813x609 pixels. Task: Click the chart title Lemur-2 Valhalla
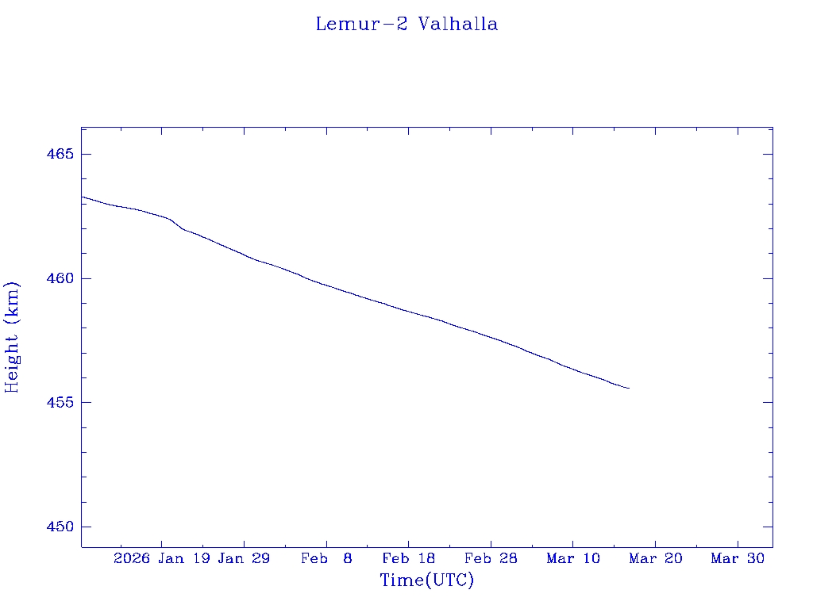click(x=406, y=25)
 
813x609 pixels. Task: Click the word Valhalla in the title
click(x=458, y=25)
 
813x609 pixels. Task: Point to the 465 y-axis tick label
click(x=60, y=154)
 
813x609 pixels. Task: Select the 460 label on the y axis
click(x=60, y=278)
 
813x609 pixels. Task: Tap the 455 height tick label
click(x=60, y=403)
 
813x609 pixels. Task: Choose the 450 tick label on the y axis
click(x=60, y=527)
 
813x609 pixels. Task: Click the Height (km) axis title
click(x=12, y=337)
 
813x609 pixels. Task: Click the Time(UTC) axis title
click(x=426, y=580)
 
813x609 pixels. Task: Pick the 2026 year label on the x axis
click(x=132, y=559)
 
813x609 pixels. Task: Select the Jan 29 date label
click(x=244, y=559)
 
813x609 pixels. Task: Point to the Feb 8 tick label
click(x=326, y=559)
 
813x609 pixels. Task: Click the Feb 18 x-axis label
click(x=409, y=559)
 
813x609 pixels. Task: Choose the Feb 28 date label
click(x=491, y=559)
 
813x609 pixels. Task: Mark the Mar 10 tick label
click(x=573, y=559)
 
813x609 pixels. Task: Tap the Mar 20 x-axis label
click(x=655, y=559)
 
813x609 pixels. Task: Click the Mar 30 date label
click(x=738, y=559)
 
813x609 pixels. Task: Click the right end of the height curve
click(x=629, y=388)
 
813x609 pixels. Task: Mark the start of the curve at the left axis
click(x=83, y=197)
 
